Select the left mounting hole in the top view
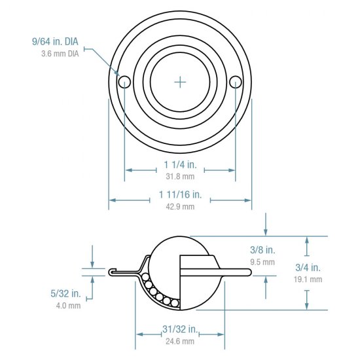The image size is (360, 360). (x=124, y=81)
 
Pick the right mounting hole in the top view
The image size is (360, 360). (x=236, y=81)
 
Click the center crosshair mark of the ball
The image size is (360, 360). (x=180, y=81)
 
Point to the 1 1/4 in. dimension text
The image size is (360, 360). (x=179, y=164)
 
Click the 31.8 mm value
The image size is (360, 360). (x=179, y=176)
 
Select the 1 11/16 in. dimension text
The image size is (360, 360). (x=180, y=195)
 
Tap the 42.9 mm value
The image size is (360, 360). (x=180, y=207)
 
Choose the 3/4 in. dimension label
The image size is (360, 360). (x=308, y=267)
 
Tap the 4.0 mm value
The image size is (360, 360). (x=68, y=305)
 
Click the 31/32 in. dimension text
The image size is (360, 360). (x=181, y=329)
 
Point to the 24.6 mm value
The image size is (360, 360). (x=181, y=342)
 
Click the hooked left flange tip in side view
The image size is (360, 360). (x=112, y=271)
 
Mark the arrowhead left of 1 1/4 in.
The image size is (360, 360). (x=128, y=170)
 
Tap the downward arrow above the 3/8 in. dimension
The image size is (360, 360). (x=266, y=230)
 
